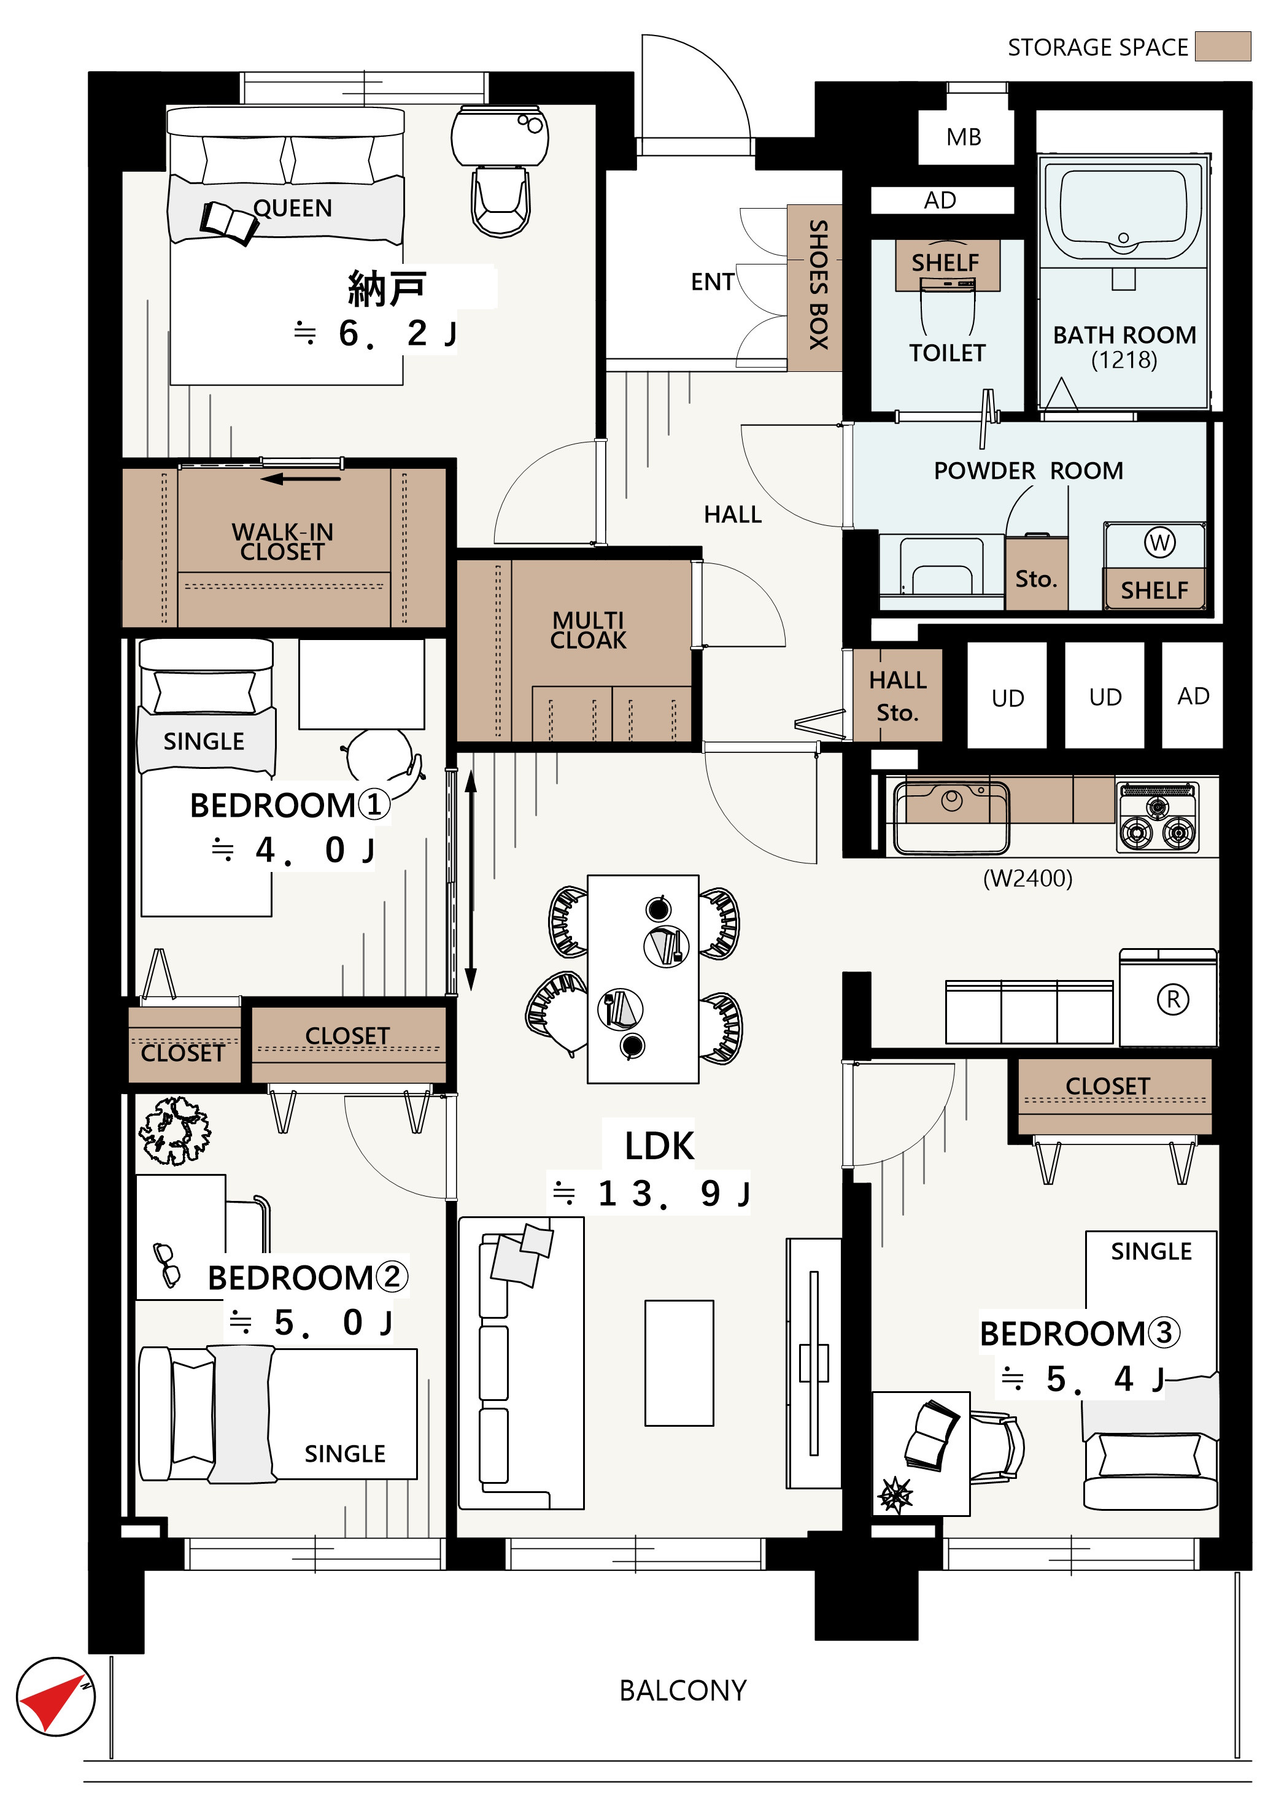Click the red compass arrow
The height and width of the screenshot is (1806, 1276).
click(48, 1702)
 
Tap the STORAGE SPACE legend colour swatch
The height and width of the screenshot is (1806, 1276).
click(1222, 47)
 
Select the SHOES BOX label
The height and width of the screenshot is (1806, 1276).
click(818, 285)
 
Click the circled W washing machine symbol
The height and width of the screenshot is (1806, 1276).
click(1159, 542)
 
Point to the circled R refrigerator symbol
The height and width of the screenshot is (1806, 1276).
click(1172, 1000)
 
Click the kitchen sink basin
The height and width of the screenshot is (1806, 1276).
click(951, 817)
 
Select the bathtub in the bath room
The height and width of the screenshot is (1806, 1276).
click(1123, 209)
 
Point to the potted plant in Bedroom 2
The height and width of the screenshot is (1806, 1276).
click(175, 1131)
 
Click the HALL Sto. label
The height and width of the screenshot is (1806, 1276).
click(897, 696)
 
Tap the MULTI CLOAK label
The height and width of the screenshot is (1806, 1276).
click(589, 630)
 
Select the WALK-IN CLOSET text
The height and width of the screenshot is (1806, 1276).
click(282, 542)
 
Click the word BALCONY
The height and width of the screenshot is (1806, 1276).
click(683, 1691)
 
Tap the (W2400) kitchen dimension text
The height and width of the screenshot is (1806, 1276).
click(1027, 878)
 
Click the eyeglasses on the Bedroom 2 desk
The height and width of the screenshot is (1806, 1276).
click(166, 1264)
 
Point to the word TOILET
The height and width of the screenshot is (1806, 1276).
click(947, 353)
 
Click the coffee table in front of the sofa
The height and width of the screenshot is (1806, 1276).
click(679, 1363)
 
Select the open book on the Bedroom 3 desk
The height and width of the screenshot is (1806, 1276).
click(932, 1435)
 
